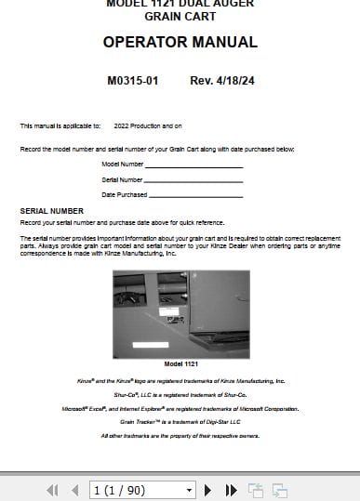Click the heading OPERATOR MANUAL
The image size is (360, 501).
pyautogui.click(x=180, y=42)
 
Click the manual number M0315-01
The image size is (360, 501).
pyautogui.click(x=133, y=81)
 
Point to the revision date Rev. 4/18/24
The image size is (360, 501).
pyautogui.click(x=221, y=81)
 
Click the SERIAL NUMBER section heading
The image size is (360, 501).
pyautogui.click(x=51, y=211)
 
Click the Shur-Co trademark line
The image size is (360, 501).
pyautogui.click(x=180, y=394)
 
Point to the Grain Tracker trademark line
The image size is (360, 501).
pyautogui.click(x=180, y=421)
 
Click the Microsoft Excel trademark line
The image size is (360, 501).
pyautogui.click(x=180, y=408)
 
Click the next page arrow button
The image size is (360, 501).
pyautogui.click(x=213, y=489)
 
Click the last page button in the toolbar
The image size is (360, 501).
pyautogui.click(x=232, y=489)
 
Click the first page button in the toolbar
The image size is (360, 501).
pyautogui.click(x=52, y=489)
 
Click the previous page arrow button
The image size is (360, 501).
pyautogui.click(x=73, y=489)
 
